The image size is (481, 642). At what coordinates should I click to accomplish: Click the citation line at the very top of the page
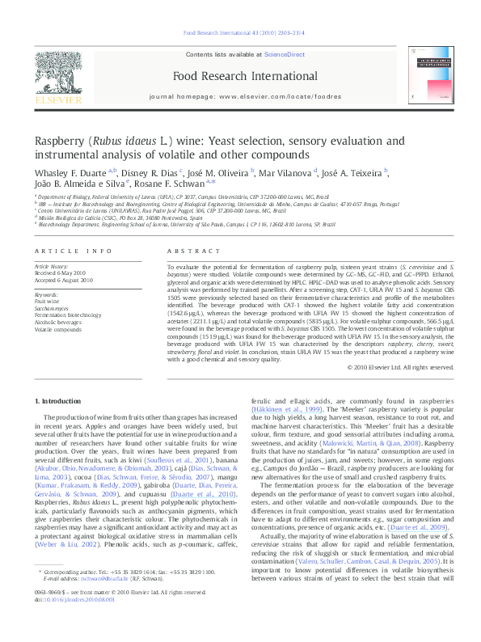[240, 33]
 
